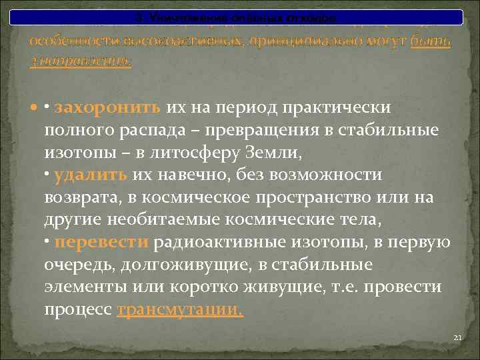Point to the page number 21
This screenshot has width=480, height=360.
click(x=457, y=338)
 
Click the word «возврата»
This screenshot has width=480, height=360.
click(x=79, y=198)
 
